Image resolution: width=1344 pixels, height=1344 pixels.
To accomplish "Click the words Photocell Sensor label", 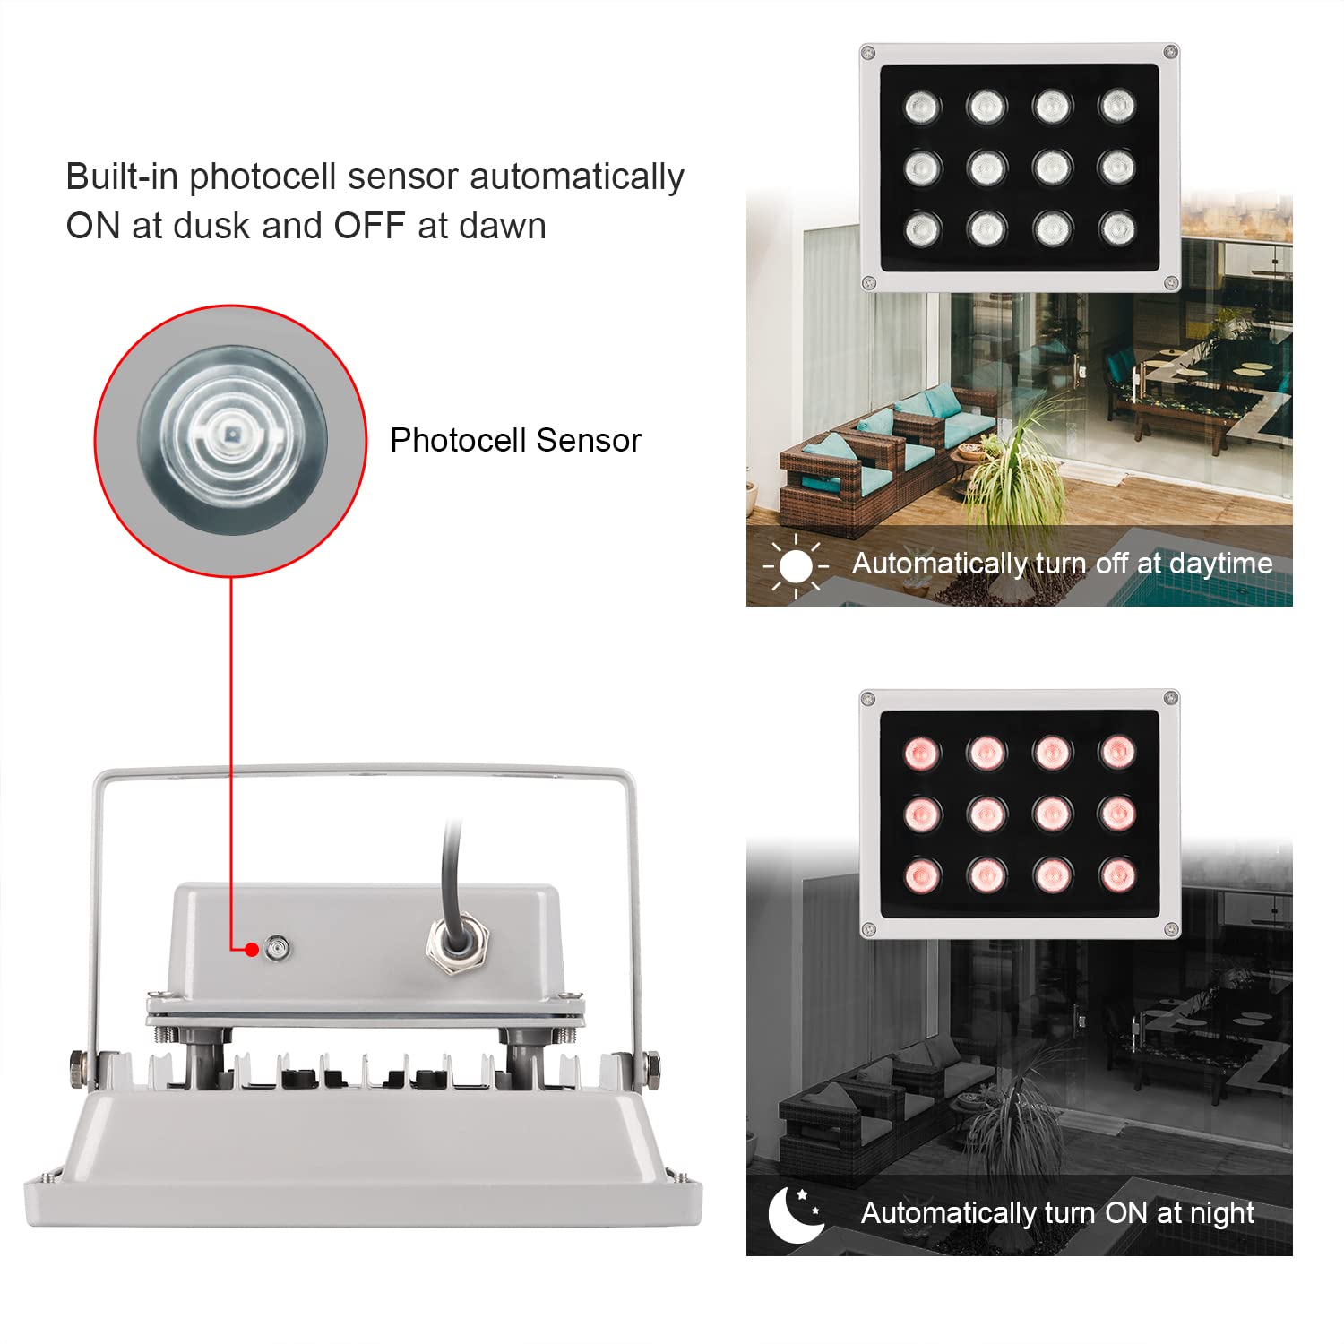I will [515, 441].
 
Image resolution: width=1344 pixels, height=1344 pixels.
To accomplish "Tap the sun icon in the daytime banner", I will [796, 565].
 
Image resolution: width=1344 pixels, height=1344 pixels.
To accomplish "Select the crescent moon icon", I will [794, 1214].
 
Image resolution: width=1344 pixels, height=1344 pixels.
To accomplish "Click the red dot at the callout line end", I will [253, 950].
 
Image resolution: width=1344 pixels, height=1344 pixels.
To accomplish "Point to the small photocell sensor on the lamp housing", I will [278, 948].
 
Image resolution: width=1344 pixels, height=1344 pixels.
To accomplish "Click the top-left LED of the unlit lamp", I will [921, 108].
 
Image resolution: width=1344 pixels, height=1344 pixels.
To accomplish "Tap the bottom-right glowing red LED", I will [1117, 874].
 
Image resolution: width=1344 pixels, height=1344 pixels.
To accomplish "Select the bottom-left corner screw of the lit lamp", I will [868, 930].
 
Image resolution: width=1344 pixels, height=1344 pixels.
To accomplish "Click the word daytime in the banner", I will [1220, 564].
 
